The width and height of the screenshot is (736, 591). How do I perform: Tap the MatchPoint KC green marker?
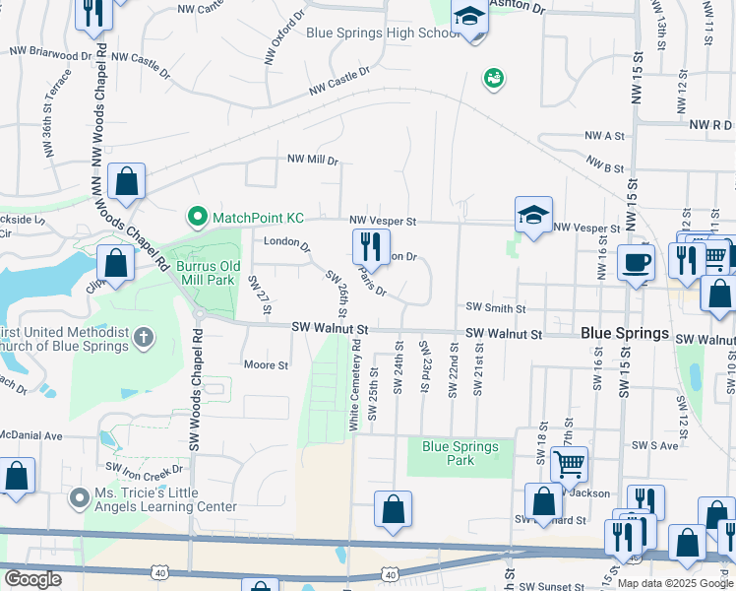[x=196, y=217]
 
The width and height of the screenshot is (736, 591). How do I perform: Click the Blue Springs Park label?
[x=460, y=453]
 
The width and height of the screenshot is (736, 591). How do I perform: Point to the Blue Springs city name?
[x=625, y=334]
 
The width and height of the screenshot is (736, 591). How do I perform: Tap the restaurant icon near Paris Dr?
[x=371, y=244]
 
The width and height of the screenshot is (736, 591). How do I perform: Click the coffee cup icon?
[x=636, y=262]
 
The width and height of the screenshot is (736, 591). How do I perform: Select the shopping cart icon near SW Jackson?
[x=569, y=463]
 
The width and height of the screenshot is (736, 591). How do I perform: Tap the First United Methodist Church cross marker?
[x=144, y=338]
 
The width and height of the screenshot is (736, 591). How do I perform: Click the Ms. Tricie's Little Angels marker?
[x=79, y=499]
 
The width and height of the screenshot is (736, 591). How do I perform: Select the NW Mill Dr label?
[x=312, y=160]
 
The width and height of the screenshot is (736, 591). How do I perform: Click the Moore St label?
[x=266, y=364]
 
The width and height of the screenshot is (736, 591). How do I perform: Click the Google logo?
[x=32, y=580]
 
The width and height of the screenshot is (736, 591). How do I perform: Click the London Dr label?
[x=286, y=243]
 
